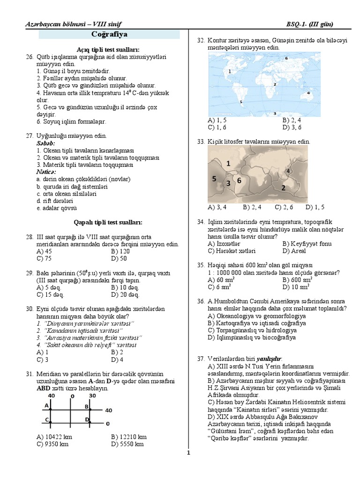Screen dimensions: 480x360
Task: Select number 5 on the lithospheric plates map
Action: (214, 179)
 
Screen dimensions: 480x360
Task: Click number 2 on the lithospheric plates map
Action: (282, 187)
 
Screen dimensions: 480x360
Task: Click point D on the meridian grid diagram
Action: (87, 419)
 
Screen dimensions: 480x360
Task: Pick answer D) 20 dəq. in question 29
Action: (125, 295)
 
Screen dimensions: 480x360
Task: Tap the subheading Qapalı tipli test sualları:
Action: (108, 222)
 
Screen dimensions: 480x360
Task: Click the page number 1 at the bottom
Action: (188, 453)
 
